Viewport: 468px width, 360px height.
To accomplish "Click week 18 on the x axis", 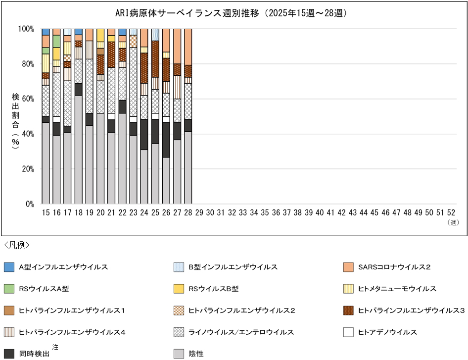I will pyautogui.click(x=79, y=212).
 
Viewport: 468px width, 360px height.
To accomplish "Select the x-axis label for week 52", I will pyautogui.click(x=451, y=212).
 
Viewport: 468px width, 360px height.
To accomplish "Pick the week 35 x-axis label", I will pyautogui.click(x=265, y=212).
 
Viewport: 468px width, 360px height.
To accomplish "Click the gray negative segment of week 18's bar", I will pyautogui.click(x=79, y=149).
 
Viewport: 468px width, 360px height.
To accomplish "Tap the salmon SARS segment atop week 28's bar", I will pyautogui.click(x=188, y=47).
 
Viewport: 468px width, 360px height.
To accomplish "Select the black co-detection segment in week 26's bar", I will pyautogui.click(x=166, y=140).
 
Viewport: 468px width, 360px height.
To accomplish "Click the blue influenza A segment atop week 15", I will pyautogui.click(x=46, y=32).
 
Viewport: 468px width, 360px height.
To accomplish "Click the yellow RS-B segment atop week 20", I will pyautogui.click(x=100, y=35).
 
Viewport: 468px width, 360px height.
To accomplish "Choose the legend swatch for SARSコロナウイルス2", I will pyautogui.click(x=349, y=267).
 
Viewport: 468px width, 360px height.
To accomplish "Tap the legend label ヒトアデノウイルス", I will pyautogui.click(x=387, y=332).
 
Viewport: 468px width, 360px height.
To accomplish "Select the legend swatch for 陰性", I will pyautogui.click(x=179, y=354).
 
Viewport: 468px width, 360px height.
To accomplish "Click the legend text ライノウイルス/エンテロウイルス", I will pyautogui.click(x=241, y=332).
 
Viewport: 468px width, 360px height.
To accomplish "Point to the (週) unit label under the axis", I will pyautogui.click(x=453, y=223).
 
